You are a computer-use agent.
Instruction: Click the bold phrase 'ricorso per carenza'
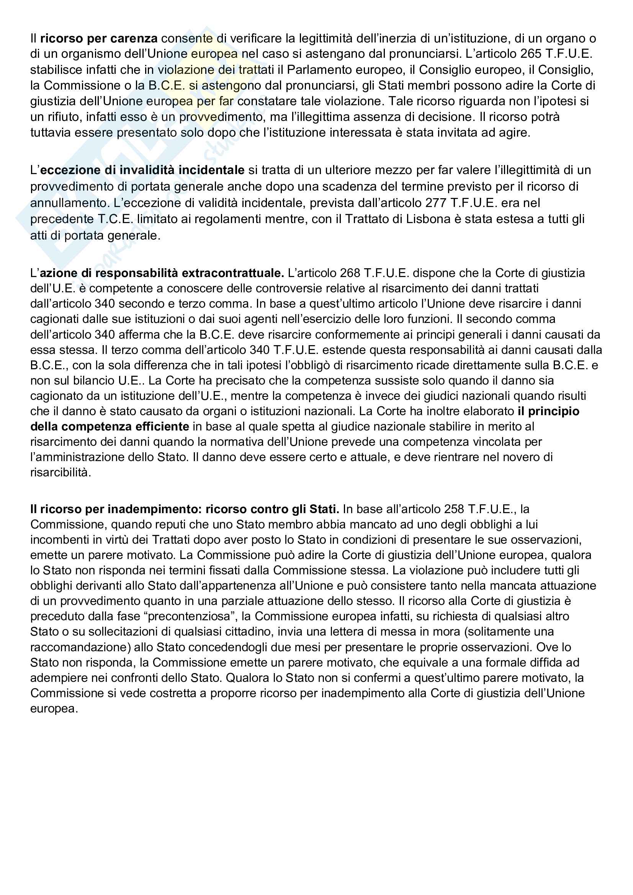[x=99, y=39]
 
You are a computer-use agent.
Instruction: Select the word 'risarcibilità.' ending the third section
[x=61, y=473]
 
